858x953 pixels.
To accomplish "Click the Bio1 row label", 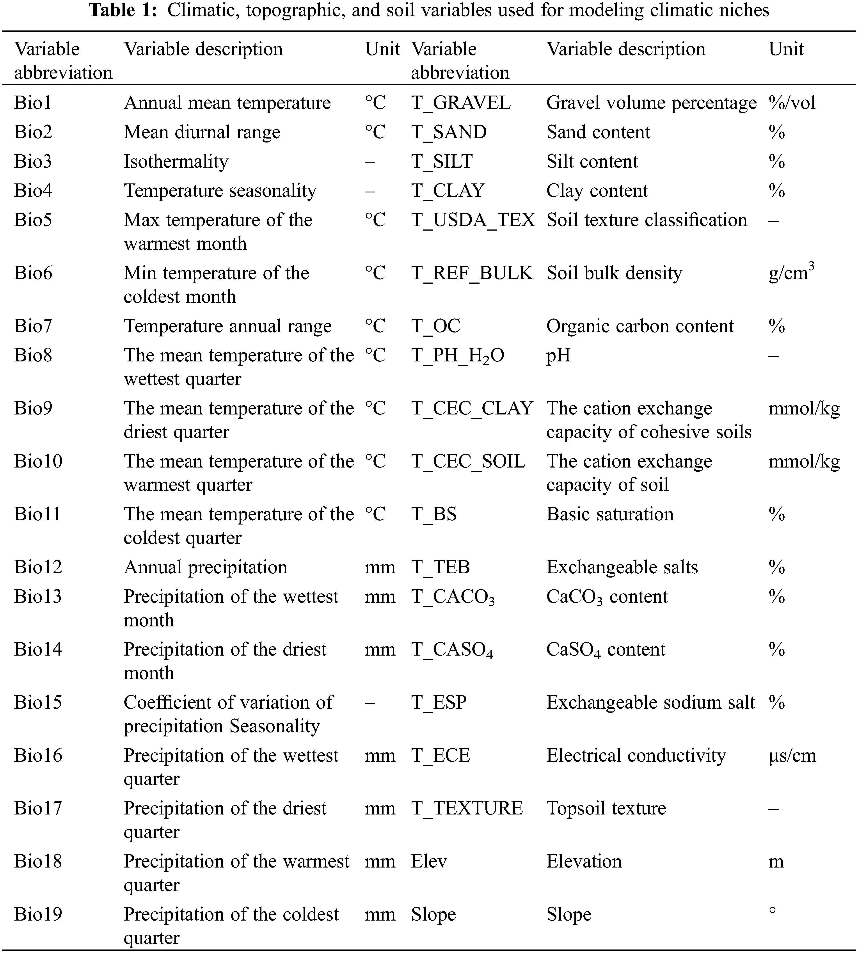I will (32, 103).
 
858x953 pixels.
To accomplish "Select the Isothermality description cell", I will (176, 161).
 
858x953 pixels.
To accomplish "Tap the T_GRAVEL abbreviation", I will (461, 103).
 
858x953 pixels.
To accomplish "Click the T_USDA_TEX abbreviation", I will (473, 220).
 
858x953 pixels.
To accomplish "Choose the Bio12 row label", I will (38, 567).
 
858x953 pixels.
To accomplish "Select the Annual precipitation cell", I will (206, 567).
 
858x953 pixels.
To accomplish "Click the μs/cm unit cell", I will (792, 756).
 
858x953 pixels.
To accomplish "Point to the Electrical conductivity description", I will (636, 756).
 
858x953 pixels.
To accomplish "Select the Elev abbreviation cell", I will (428, 862).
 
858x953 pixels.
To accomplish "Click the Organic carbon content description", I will (640, 326).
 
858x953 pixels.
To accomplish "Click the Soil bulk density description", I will (614, 273).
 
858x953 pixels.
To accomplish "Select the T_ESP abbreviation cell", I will (439, 703).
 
